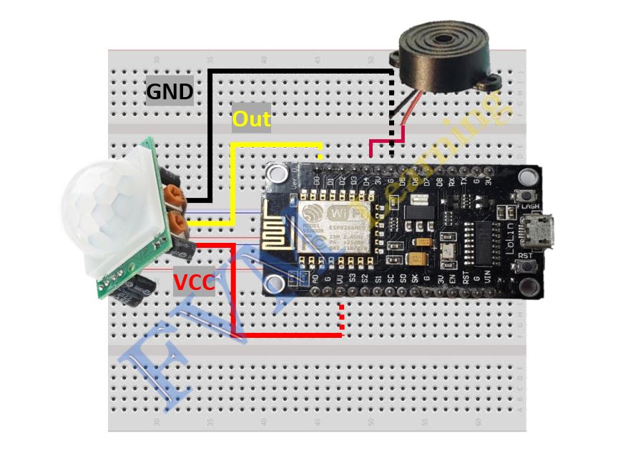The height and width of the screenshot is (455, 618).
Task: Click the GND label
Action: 170,91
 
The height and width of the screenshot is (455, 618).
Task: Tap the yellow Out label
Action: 252,119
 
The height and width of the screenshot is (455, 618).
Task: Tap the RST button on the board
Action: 529,267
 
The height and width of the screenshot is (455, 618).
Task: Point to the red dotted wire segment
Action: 342,318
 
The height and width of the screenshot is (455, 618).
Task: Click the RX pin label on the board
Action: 451,181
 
